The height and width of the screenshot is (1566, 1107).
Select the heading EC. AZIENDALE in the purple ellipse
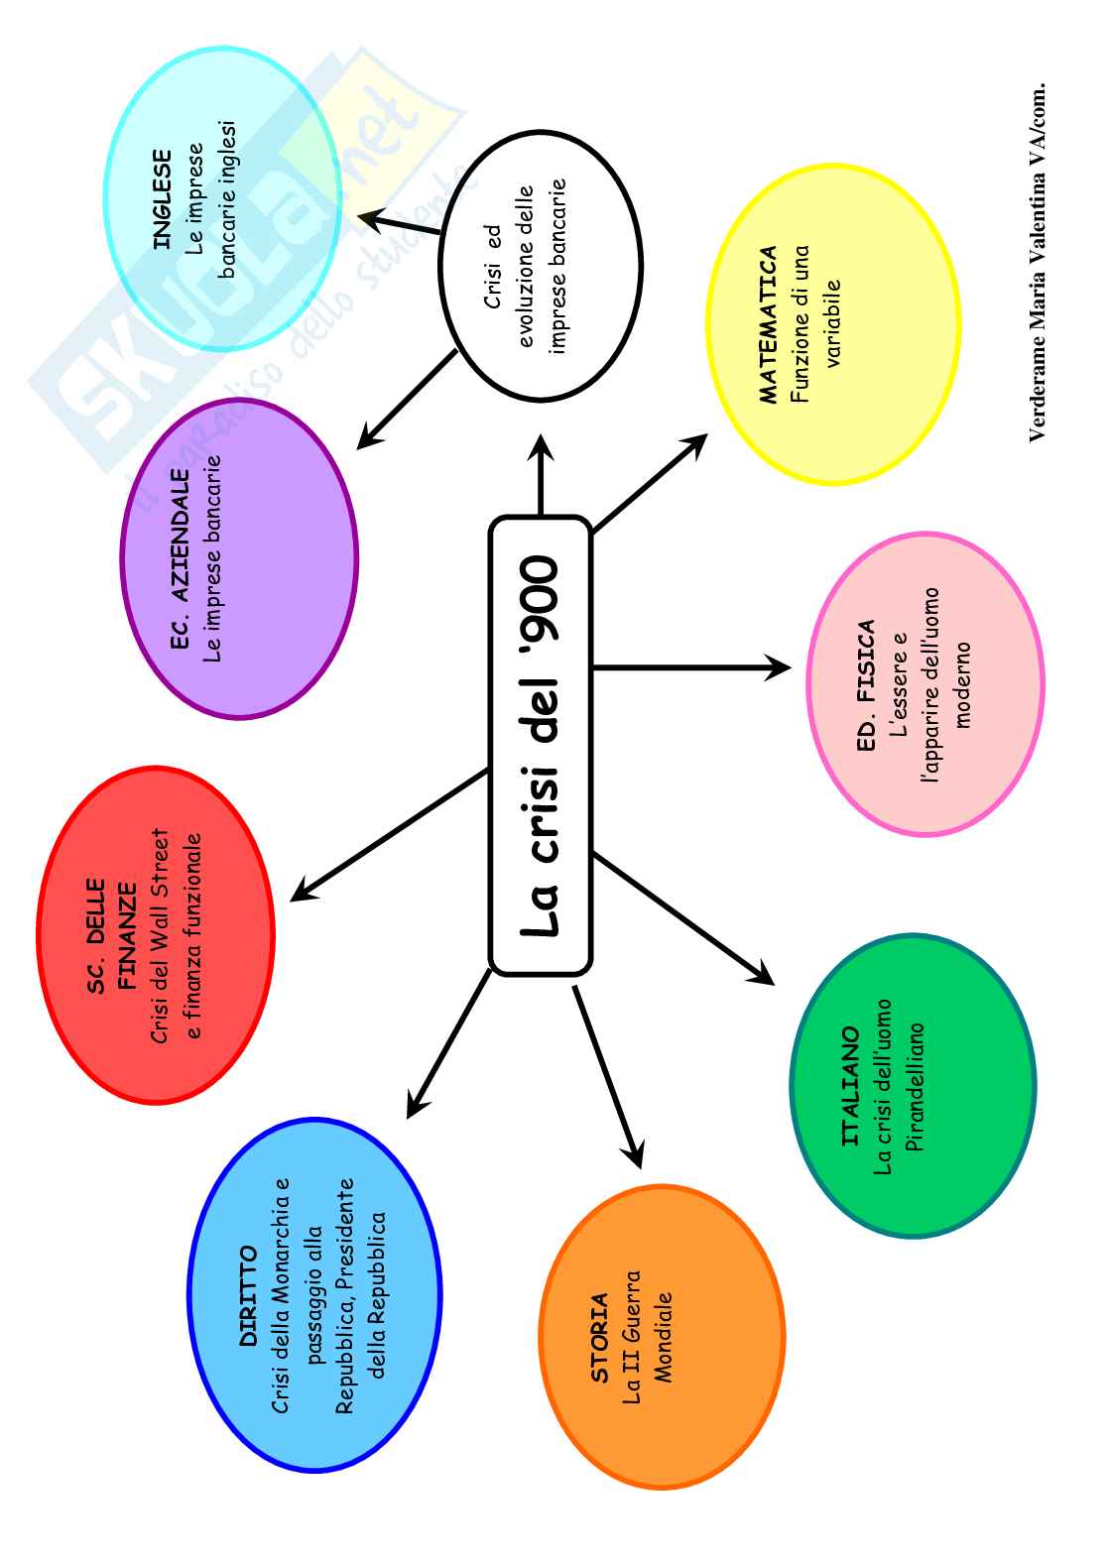[x=180, y=559]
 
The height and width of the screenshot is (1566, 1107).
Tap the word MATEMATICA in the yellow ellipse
[x=770, y=325]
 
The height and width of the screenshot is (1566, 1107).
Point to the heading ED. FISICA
[x=866, y=684]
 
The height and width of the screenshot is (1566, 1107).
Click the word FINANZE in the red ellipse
[x=128, y=935]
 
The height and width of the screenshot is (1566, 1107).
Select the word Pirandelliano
[x=915, y=1087]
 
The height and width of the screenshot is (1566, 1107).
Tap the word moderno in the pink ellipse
[x=963, y=684]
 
